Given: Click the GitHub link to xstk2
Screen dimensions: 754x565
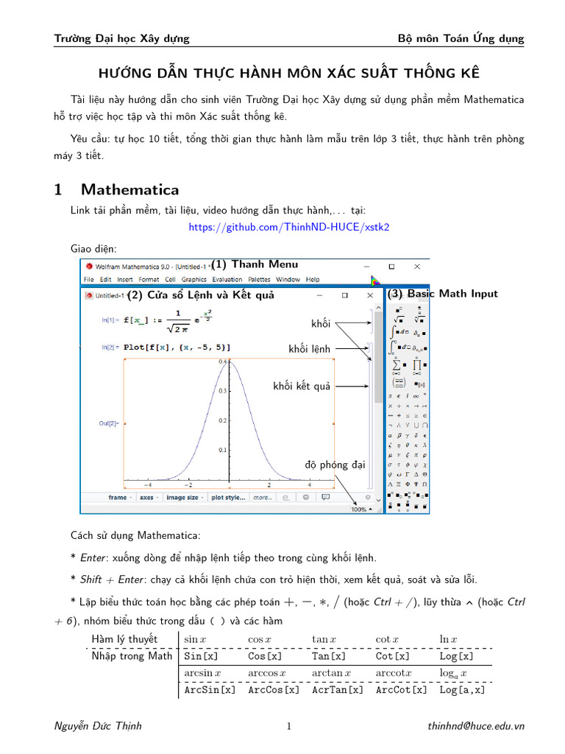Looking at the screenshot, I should click(288, 227).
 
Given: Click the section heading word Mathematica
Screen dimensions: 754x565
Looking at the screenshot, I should click(130, 189).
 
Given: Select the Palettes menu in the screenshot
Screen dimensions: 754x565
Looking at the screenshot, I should click(259, 280).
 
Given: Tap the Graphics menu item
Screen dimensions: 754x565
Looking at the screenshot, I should click(194, 280).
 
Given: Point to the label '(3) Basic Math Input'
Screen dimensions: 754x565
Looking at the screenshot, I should click(442, 294).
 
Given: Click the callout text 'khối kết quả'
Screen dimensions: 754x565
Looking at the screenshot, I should click(302, 387).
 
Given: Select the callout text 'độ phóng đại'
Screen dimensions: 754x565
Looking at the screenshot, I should click(335, 465).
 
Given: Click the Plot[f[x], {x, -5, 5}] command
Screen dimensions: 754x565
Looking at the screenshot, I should click(177, 347).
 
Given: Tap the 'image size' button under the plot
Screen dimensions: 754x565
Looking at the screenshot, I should click(181, 498).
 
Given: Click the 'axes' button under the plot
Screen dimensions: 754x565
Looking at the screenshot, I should click(146, 498).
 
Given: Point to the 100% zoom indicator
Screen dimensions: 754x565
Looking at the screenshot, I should click(358, 509).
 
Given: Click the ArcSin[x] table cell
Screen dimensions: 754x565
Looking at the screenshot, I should click(210, 690).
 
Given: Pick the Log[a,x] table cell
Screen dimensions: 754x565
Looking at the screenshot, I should click(462, 690).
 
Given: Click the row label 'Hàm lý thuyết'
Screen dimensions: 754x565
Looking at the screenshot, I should click(124, 638).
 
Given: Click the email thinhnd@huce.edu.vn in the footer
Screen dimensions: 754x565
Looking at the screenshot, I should click(476, 726).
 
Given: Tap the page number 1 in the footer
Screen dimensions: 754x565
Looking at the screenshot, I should click(288, 726).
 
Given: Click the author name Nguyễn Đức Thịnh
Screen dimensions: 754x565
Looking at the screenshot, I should click(99, 726).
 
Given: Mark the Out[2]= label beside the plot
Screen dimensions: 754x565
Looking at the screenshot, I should click(107, 423).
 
